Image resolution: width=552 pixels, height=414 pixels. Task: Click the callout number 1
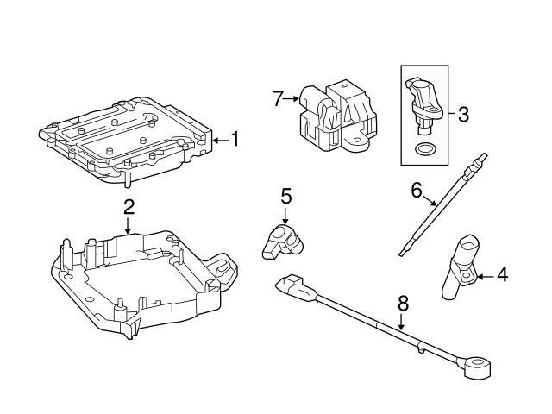point(235,139)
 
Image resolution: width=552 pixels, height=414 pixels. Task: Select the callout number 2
point(128,206)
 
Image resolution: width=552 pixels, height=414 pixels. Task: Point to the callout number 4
point(502,276)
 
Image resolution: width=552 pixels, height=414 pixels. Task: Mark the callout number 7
point(278,99)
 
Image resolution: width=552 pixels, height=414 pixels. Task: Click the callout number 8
point(401,304)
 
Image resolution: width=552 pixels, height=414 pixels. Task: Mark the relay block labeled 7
point(336,121)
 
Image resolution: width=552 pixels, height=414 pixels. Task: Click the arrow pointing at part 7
point(292,99)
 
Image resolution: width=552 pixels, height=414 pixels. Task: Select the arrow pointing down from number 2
point(128,226)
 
